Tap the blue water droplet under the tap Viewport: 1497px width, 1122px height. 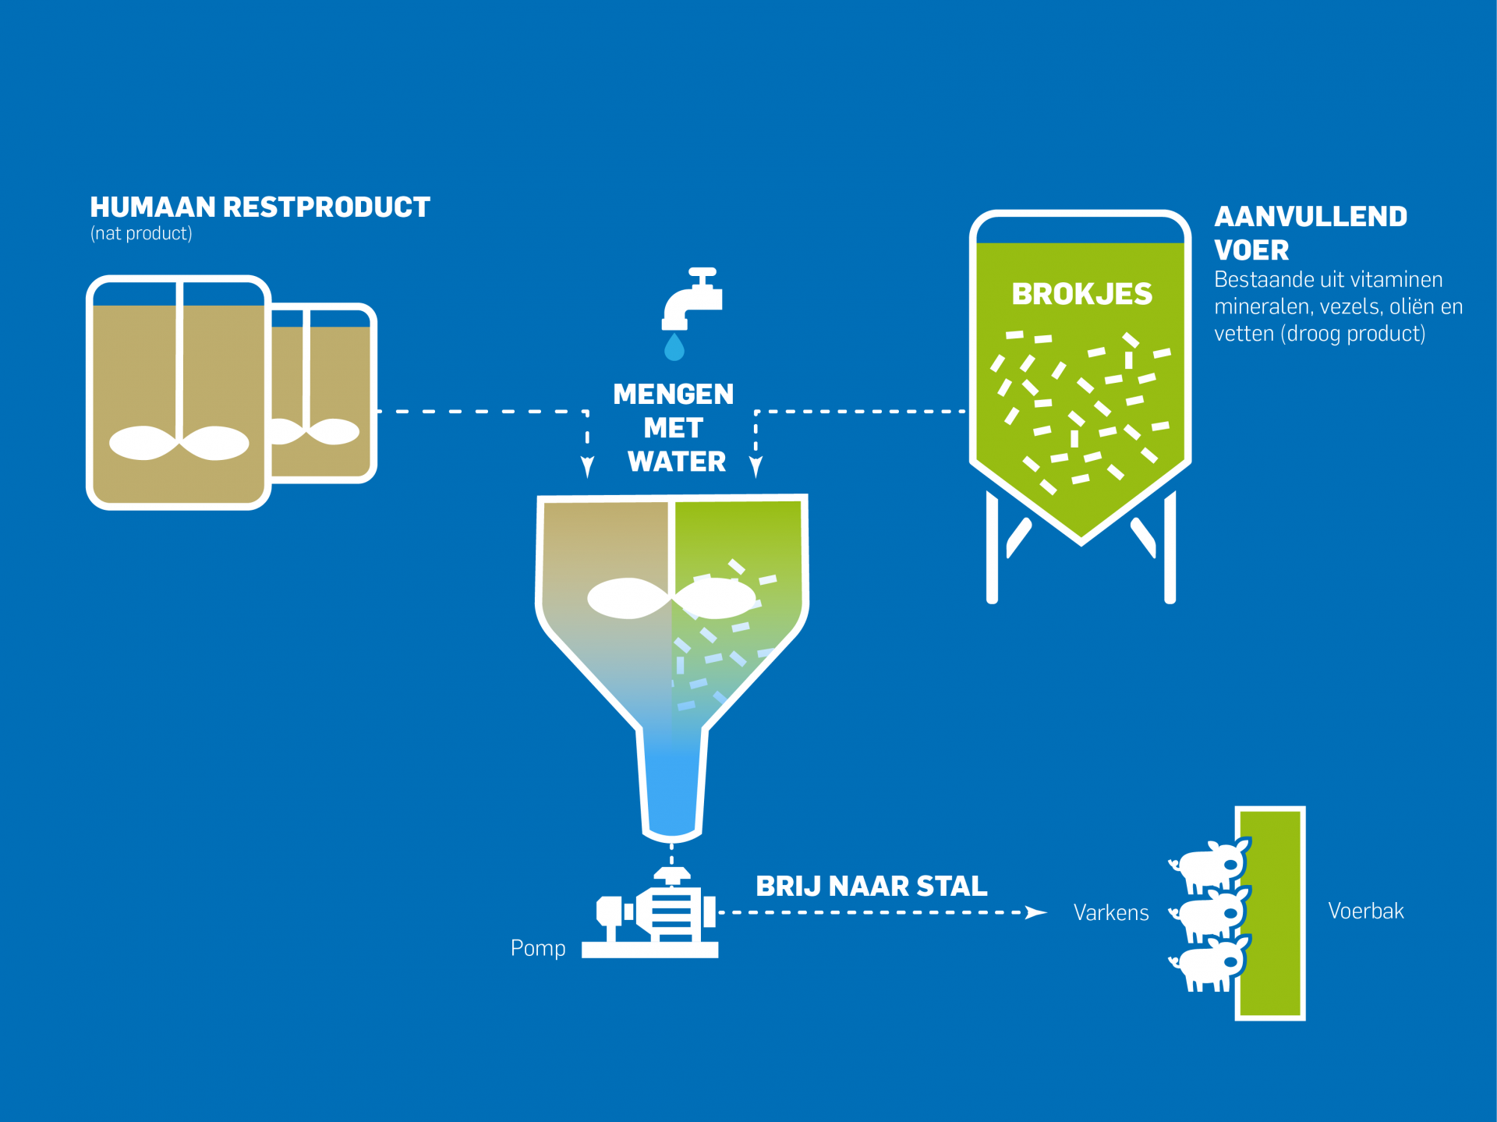tap(674, 348)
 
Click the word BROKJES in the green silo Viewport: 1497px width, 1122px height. tap(1081, 294)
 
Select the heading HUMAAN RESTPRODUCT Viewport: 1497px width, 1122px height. tap(260, 207)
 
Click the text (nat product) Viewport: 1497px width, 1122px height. tap(141, 234)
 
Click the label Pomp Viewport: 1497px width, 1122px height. tap(538, 948)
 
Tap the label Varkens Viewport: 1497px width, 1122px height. tap(1111, 913)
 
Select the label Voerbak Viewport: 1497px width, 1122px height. tap(1365, 911)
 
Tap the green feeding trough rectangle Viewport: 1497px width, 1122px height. tap(1270, 913)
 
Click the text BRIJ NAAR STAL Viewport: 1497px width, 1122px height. tap(872, 887)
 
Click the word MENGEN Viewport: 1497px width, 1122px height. tap(674, 395)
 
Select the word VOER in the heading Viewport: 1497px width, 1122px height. tap(1251, 250)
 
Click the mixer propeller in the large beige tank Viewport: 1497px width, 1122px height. tap(179, 443)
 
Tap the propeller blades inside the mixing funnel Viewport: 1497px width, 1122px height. tap(671, 599)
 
